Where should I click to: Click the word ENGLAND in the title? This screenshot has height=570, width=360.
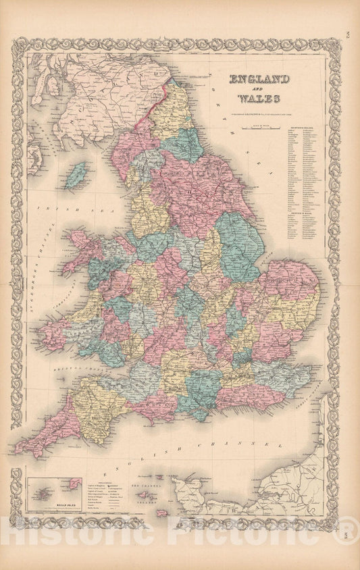(x=261, y=79)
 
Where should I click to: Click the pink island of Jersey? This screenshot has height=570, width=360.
(x=162, y=513)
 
